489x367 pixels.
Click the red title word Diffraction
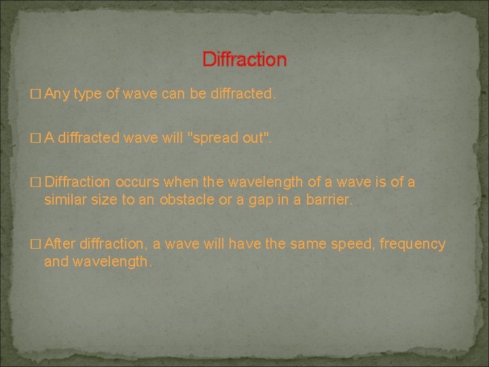pos(244,60)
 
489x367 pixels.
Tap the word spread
pos(217,139)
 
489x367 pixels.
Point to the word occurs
pos(139,183)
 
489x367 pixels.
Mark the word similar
pos(65,200)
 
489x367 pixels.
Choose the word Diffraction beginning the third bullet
pos(77,183)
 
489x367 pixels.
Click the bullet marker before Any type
pos(36,94)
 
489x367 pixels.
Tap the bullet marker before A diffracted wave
pos(36,139)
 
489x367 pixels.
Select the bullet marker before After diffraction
pos(36,245)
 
